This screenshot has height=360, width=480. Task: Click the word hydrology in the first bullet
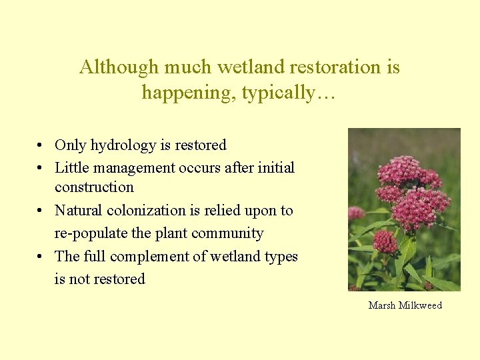pos(123,145)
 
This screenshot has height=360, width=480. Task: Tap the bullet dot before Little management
pos(41,168)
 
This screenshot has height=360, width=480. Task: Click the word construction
pos(94,187)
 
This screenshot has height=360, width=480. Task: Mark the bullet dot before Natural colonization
pos(41,211)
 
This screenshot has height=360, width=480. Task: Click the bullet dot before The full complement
pos(41,257)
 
